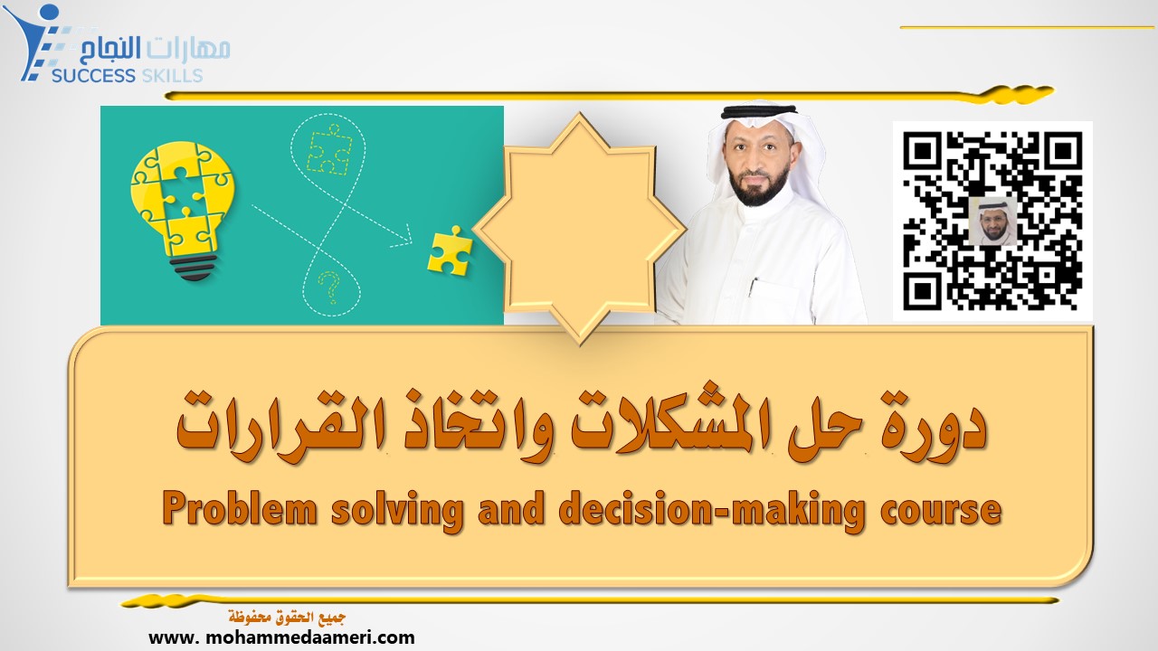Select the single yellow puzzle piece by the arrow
pos(449,250)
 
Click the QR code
pos(992,221)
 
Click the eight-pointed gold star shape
pos(579,226)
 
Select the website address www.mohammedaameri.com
pos(281,637)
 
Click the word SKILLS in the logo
pos(172,75)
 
